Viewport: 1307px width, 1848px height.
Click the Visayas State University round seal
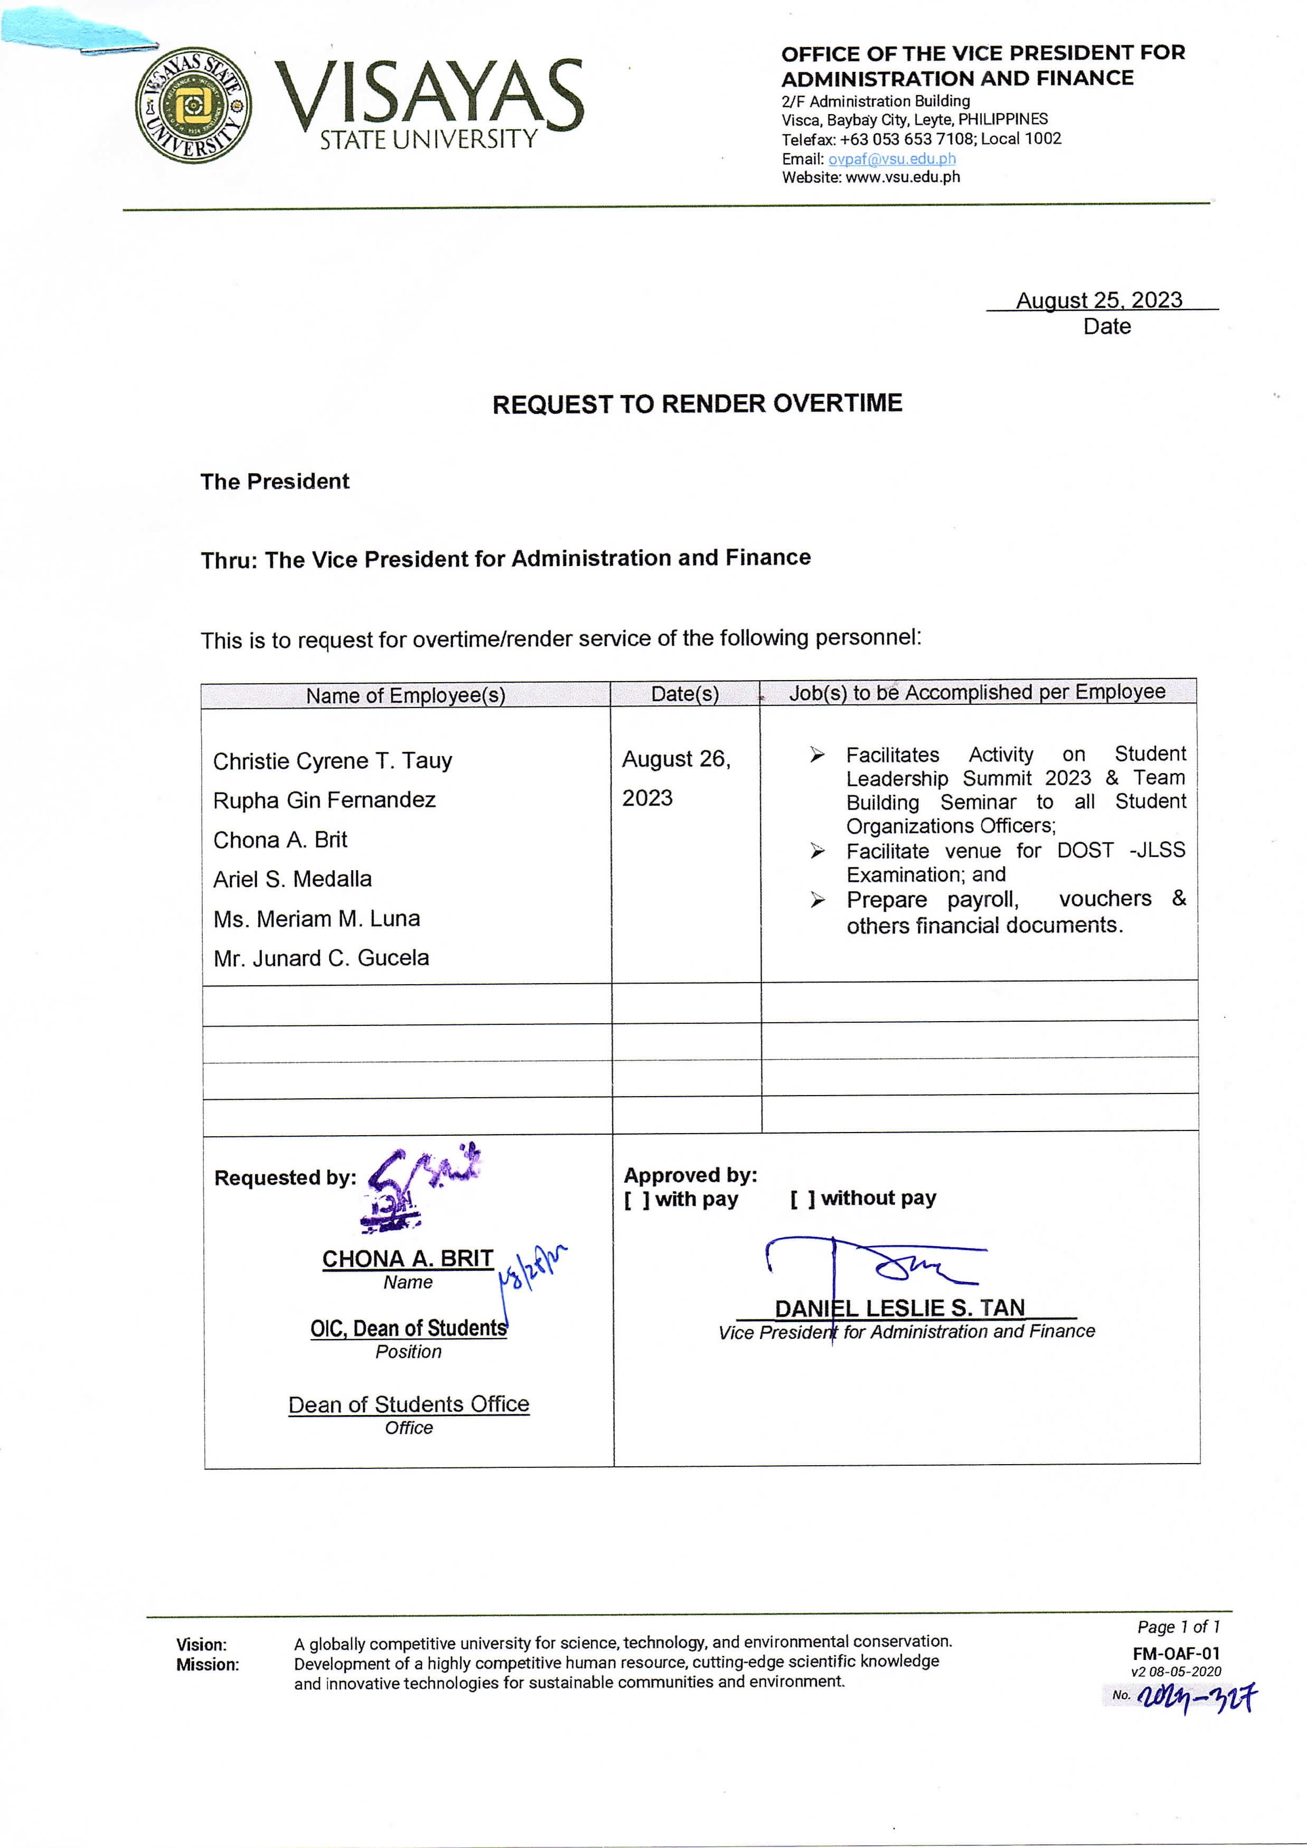[x=193, y=106]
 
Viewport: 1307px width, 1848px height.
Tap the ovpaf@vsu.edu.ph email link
[x=892, y=158]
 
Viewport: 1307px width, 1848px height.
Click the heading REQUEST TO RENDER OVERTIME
[x=697, y=403]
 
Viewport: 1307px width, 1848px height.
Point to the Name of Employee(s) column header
[x=406, y=695]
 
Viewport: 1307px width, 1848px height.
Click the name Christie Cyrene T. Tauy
[x=332, y=761]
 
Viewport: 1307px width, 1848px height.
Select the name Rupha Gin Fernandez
[x=324, y=800]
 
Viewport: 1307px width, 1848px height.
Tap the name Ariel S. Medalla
[x=292, y=879]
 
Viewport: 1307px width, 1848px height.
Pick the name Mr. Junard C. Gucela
[x=321, y=958]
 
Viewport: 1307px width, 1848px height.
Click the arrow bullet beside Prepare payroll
[x=817, y=899]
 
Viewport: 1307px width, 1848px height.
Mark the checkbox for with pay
[x=636, y=1199]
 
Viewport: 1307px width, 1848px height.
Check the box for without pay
[x=802, y=1199]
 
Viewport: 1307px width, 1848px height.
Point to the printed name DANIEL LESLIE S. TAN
[x=900, y=1308]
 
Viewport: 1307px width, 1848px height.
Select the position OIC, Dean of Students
[x=409, y=1328]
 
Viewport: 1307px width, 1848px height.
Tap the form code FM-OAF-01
[x=1176, y=1653]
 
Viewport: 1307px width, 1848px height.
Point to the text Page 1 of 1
[x=1178, y=1627]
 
